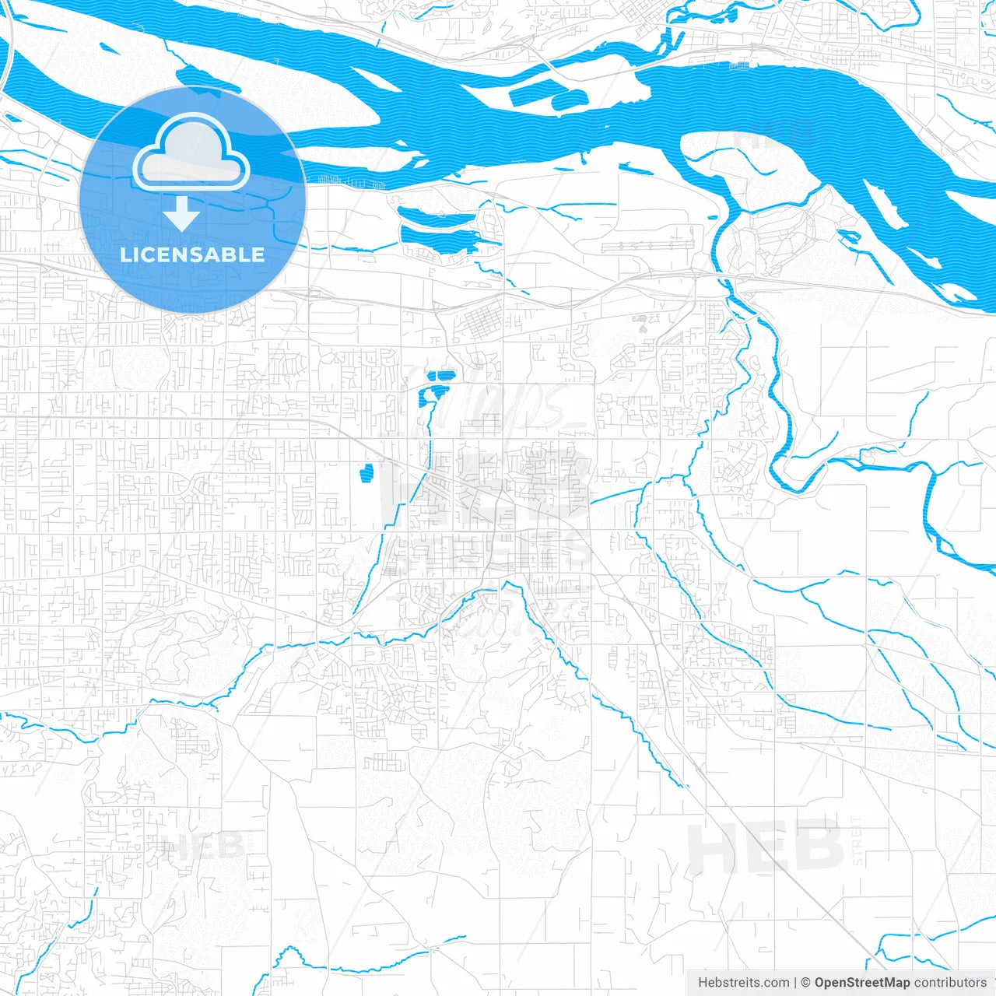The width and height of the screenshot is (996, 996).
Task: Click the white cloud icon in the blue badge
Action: pos(191,152)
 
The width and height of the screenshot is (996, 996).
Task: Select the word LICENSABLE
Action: pos(192,254)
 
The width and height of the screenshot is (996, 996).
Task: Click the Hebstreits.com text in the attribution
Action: pos(743,983)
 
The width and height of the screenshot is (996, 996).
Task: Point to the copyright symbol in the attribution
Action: pos(806,983)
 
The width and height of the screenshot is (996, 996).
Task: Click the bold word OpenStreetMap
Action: pos(862,983)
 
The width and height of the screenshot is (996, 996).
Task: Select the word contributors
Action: pos(950,983)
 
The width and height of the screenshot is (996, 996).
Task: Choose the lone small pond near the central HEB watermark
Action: pos(366,472)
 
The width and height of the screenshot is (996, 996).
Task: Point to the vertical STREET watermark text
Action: pos(857,840)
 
